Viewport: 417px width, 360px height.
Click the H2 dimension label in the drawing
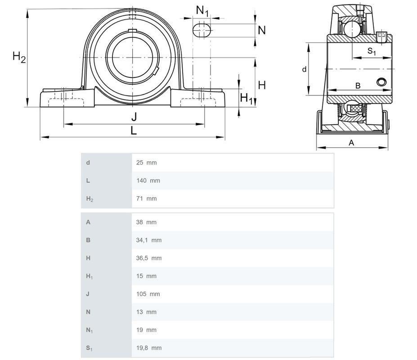click(x=19, y=57)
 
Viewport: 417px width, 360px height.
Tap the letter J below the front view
click(x=134, y=117)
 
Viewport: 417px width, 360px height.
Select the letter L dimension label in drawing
click(x=134, y=131)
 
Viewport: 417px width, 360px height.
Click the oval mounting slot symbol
click(x=202, y=30)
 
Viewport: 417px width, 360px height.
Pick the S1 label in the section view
click(x=372, y=51)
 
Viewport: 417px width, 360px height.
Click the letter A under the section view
click(x=352, y=143)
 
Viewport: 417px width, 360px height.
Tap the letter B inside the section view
click(x=358, y=85)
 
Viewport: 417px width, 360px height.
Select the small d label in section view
click(x=304, y=69)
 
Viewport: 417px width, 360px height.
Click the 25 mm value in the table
click(x=146, y=162)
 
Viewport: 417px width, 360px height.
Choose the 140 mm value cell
click(x=148, y=180)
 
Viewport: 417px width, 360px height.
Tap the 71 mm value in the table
click(x=146, y=198)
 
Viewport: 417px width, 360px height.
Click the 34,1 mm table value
click(x=148, y=240)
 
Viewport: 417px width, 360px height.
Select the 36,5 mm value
click(x=148, y=258)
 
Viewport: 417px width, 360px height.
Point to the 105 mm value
click(x=148, y=294)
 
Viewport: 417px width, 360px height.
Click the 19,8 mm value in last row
click(x=148, y=348)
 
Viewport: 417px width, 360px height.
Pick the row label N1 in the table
click(x=89, y=330)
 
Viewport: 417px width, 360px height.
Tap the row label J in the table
click(x=88, y=294)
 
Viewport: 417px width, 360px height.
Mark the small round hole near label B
click(x=381, y=82)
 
